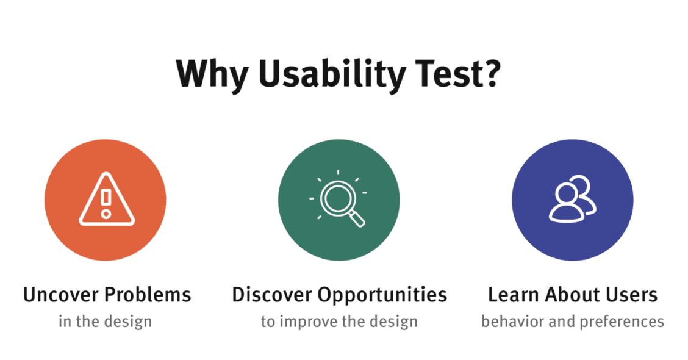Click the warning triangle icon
(106, 200)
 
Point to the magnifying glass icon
(339, 199)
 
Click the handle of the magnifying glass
(356, 218)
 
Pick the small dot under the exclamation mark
(106, 214)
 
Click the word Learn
(514, 295)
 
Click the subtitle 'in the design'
(106, 322)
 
